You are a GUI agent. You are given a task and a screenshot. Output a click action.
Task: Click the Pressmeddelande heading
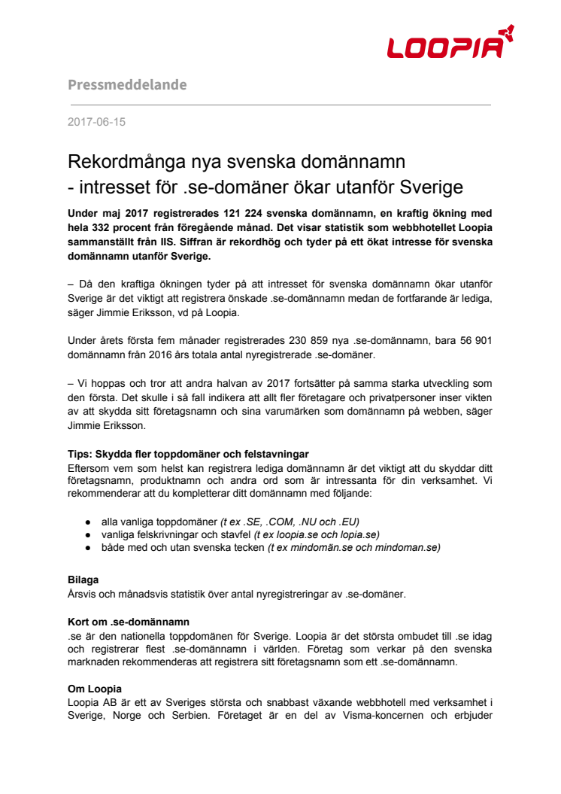click(x=127, y=84)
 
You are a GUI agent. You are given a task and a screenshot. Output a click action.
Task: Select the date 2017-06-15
click(x=96, y=121)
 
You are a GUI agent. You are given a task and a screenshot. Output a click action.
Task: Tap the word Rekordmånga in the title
click(x=132, y=162)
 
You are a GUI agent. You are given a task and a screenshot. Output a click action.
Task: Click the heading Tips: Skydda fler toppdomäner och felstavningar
click(x=188, y=454)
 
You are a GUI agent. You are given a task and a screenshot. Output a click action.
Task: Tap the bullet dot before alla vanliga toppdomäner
click(x=89, y=521)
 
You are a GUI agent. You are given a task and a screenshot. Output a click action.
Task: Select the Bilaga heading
click(x=83, y=580)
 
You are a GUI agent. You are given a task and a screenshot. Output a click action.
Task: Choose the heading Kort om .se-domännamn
click(x=129, y=622)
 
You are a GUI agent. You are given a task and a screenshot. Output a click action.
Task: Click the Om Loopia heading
click(x=95, y=689)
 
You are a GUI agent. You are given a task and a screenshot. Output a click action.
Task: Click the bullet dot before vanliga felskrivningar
click(x=89, y=534)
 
